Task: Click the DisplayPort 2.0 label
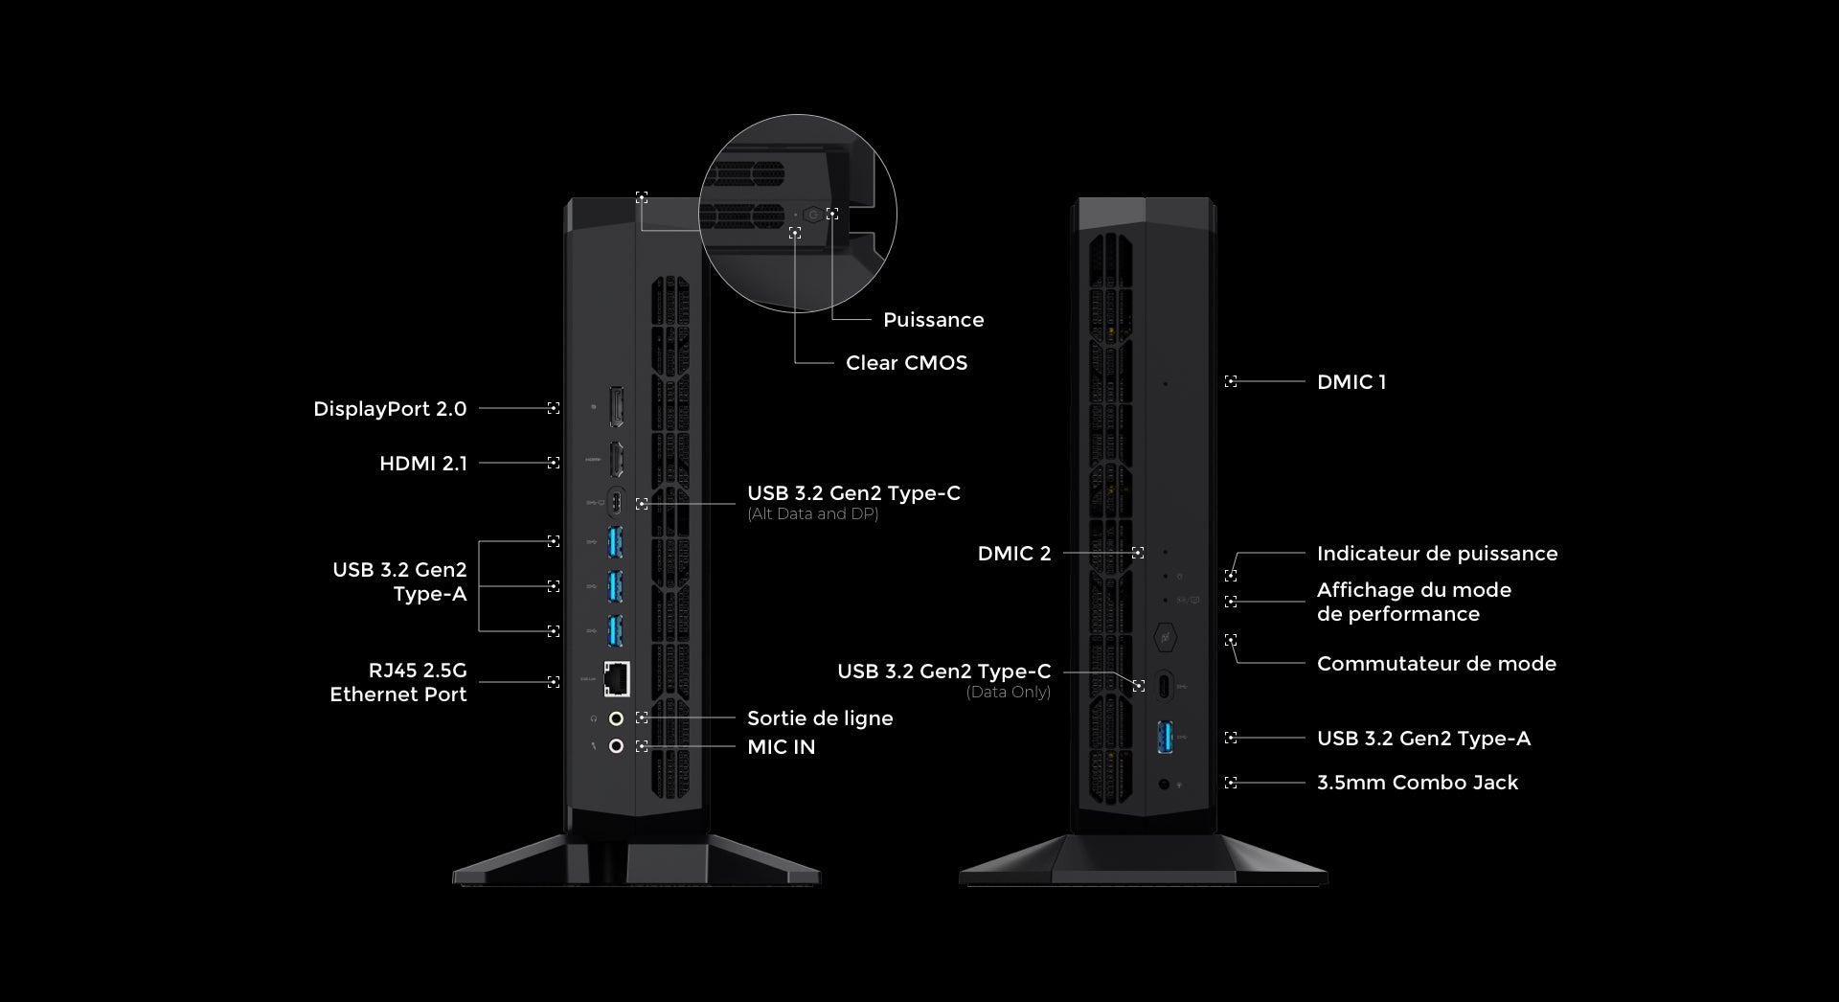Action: click(x=390, y=409)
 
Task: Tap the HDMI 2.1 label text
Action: click(x=423, y=464)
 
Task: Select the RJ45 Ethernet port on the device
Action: click(x=617, y=679)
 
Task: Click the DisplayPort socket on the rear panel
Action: click(x=616, y=408)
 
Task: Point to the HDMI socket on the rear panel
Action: click(x=616, y=460)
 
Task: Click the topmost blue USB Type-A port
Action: click(x=615, y=543)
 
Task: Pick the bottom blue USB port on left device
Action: click(x=615, y=629)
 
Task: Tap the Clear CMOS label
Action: click(x=906, y=363)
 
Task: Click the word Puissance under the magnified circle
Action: click(x=933, y=320)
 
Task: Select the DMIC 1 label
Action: click(x=1351, y=382)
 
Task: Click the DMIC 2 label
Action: click(x=1013, y=554)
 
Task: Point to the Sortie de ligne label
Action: click(x=820, y=718)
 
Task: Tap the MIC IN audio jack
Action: click(x=616, y=746)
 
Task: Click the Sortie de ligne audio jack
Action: click(x=616, y=717)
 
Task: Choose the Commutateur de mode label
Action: click(x=1436, y=664)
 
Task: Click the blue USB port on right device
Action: click(x=1165, y=736)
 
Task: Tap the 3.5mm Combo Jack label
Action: click(x=1417, y=783)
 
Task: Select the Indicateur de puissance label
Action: click(x=1437, y=554)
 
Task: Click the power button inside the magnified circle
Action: click(x=813, y=215)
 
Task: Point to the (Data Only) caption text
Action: click(x=1008, y=692)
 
